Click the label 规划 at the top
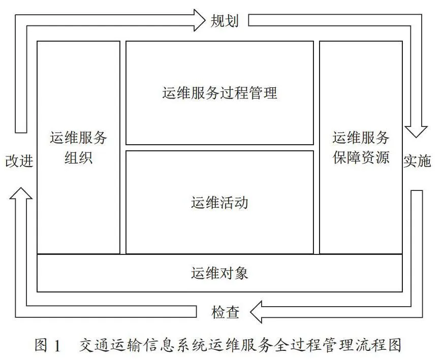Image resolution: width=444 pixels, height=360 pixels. click(x=224, y=21)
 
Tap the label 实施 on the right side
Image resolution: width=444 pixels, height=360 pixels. click(x=417, y=161)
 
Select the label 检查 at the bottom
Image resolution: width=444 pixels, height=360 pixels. click(x=226, y=312)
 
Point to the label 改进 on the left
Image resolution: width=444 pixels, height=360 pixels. click(x=19, y=161)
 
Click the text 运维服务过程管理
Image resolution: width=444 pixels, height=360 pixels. click(x=220, y=93)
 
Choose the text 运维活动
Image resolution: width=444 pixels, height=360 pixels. click(x=219, y=203)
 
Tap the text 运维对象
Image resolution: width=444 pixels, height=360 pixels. click(x=219, y=273)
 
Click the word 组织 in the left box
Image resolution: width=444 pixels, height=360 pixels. click(x=78, y=157)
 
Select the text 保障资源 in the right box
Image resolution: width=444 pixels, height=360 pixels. click(x=361, y=157)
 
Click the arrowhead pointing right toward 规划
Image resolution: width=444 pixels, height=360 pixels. click(x=199, y=20)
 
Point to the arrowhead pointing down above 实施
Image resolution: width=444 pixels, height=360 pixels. click(x=416, y=132)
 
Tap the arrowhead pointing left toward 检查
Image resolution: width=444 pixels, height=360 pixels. click(x=256, y=312)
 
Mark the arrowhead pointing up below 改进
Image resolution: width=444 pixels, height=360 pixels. click(x=21, y=193)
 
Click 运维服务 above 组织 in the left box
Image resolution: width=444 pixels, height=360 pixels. click(x=78, y=138)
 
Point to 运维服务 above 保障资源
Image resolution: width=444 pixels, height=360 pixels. click(x=361, y=138)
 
